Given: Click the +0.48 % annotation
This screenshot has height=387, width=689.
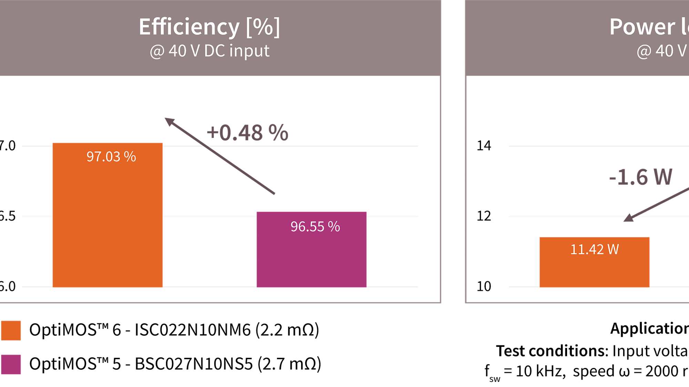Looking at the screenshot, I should [x=247, y=133].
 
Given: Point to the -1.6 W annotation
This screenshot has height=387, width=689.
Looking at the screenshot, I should [x=640, y=177].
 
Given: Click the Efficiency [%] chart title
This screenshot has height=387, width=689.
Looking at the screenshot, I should [x=209, y=27].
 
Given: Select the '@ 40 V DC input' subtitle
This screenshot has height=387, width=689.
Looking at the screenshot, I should [x=209, y=51].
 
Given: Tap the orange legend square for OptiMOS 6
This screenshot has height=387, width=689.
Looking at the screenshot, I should [x=11, y=330].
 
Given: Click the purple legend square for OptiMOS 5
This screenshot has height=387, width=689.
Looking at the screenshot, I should [x=11, y=364].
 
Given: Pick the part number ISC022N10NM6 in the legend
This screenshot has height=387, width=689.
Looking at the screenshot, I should [x=193, y=330].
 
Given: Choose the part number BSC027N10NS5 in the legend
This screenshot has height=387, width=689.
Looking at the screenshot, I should [x=194, y=364].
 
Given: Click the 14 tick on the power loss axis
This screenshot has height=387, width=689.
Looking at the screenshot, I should [x=484, y=146].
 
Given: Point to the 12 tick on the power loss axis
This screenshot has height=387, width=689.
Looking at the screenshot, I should [x=484, y=216].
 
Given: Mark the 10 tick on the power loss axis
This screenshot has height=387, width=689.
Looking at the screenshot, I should [x=484, y=286].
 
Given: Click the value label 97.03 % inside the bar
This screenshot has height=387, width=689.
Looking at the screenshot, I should [x=111, y=157].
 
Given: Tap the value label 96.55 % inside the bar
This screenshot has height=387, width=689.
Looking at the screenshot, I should [x=315, y=227].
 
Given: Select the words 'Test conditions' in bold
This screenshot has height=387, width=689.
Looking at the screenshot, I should [x=552, y=351].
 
